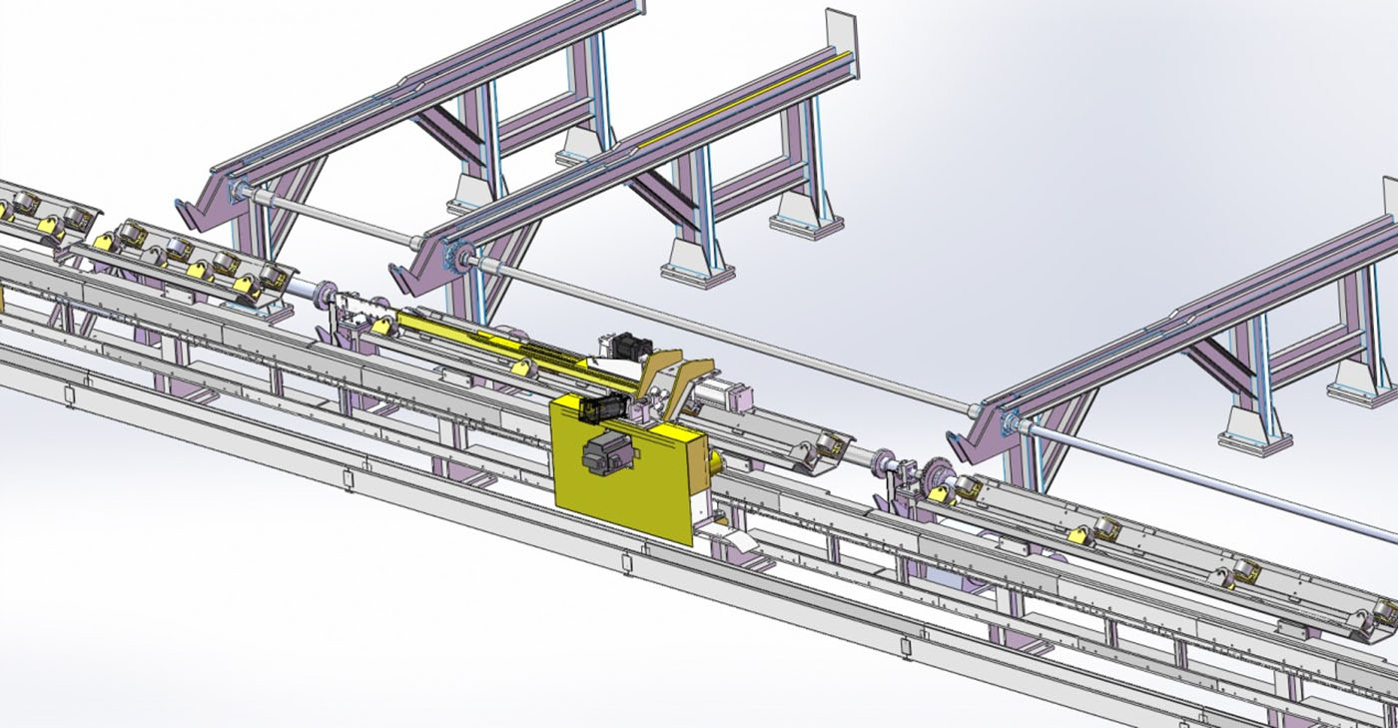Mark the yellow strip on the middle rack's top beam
739,100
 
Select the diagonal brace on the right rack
1222,356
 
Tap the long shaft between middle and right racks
719,330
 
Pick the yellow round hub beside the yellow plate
715,461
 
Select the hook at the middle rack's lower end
404,271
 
